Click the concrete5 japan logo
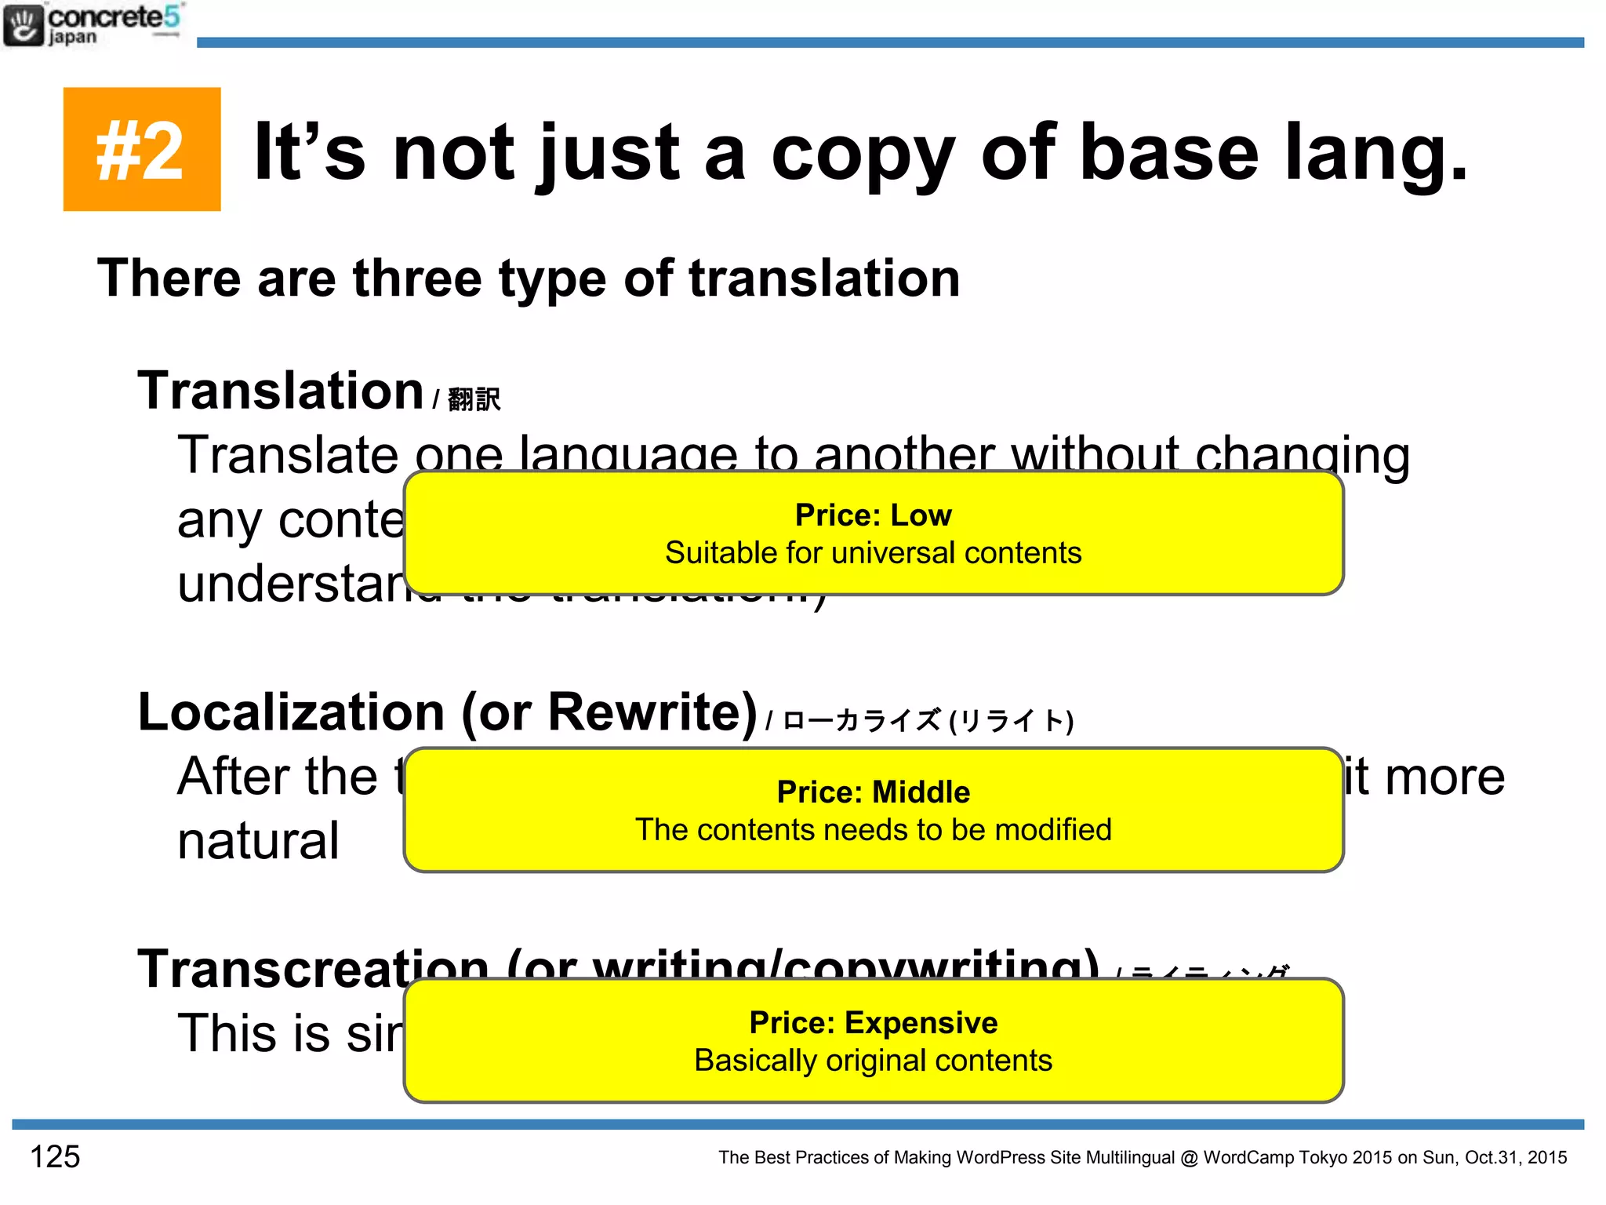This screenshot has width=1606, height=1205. [x=93, y=25]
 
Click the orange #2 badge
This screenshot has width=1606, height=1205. [x=142, y=149]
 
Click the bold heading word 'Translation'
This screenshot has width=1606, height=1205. [x=281, y=391]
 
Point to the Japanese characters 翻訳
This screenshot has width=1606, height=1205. [x=474, y=399]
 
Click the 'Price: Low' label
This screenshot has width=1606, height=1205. [x=873, y=515]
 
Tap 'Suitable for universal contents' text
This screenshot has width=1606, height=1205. [x=873, y=553]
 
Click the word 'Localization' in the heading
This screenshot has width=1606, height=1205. [x=292, y=712]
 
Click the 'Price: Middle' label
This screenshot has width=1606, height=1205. [x=873, y=792]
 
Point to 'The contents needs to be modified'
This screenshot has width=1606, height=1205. [x=873, y=830]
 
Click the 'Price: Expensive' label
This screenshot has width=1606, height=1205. [x=873, y=1023]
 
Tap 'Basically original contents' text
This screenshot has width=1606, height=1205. [x=873, y=1061]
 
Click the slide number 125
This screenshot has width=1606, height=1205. [x=55, y=1156]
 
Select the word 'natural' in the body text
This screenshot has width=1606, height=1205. [x=259, y=841]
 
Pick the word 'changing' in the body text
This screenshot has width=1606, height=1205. [x=1302, y=456]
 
